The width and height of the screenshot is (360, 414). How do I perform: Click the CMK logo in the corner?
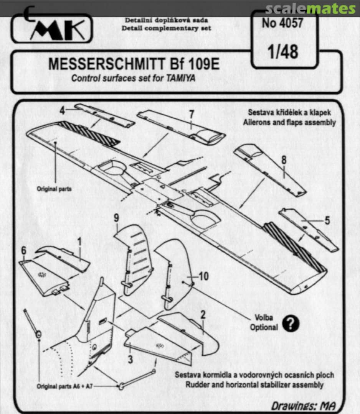52,28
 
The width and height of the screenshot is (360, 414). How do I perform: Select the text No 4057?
282,23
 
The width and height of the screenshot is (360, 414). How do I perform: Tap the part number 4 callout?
62,110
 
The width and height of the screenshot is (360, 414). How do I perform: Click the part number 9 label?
116,218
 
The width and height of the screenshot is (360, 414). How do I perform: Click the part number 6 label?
24,250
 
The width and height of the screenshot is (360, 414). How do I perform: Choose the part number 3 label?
130,359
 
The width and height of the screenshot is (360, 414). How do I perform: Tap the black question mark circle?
291,324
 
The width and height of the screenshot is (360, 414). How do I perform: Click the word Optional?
264,328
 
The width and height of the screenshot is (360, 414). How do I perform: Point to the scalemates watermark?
310,8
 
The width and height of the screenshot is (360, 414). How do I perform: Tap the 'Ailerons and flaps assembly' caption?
292,123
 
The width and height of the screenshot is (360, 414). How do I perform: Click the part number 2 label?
203,315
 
